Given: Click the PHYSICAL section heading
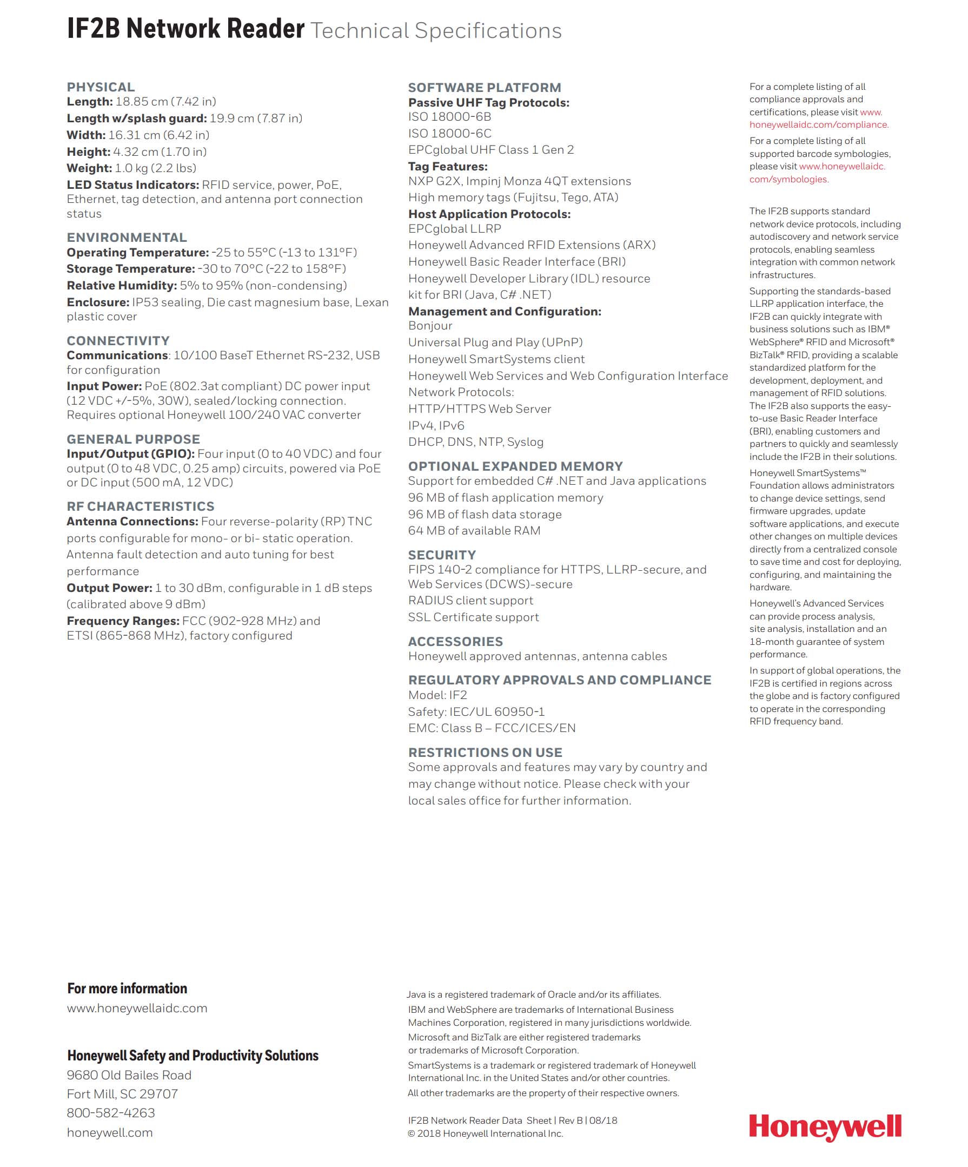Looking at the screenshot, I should click(101, 87).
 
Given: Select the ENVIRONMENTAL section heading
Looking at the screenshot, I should click(127, 238).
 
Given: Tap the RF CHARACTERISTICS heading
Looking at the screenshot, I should click(141, 506).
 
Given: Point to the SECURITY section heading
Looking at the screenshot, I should click(441, 555).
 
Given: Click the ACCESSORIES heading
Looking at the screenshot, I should click(455, 642).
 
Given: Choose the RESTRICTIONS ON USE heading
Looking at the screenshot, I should click(485, 753).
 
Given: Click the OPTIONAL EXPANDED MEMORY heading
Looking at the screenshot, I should click(515, 466).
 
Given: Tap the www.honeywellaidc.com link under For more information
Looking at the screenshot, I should click(137, 1008).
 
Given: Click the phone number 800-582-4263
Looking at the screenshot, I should click(110, 1112).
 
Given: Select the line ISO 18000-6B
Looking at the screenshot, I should click(449, 117).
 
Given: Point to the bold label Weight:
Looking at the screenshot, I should click(89, 168).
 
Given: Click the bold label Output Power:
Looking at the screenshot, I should click(109, 588).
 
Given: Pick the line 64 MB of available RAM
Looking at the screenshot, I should click(474, 531).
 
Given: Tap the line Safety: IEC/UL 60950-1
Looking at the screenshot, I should click(476, 712).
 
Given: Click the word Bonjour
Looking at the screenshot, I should click(430, 326).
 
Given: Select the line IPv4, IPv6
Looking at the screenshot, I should click(436, 426).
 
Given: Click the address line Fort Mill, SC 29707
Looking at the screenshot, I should click(122, 1093).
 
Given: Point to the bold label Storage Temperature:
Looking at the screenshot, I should click(130, 269).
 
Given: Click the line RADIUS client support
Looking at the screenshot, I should click(470, 601).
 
